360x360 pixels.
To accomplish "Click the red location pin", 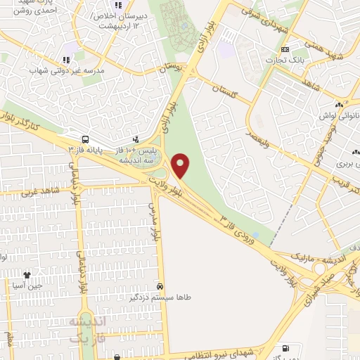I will pos(181,165).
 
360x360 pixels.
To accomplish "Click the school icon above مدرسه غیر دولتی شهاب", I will pos(65,60).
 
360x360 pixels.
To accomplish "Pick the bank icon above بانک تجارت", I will pos(285,50).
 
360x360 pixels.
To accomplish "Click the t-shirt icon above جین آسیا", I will pos(27,276).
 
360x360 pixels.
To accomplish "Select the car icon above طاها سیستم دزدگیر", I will pos(161,286).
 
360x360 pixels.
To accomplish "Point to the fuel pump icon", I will pos(285,348).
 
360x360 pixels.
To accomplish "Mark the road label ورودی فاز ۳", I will pos(239,231).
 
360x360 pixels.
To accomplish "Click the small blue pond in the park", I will pos(255,235).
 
